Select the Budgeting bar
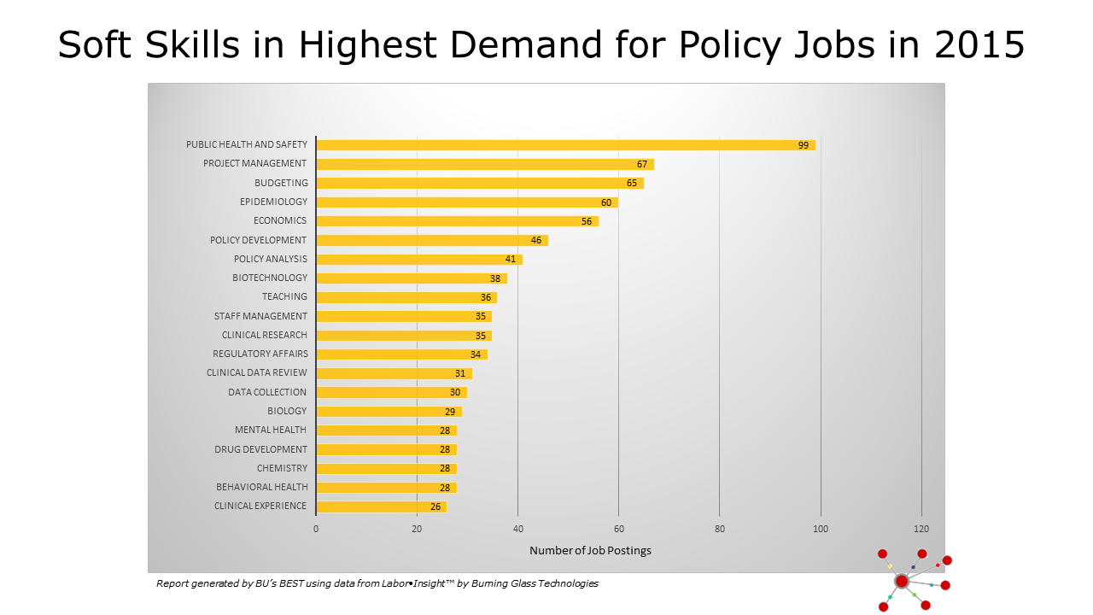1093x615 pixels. tap(479, 183)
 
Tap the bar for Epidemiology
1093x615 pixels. tap(466, 202)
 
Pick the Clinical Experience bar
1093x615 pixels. tap(381, 507)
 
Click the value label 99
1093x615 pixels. tap(804, 145)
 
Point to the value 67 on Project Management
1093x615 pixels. tap(642, 164)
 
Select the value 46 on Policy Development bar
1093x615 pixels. tap(536, 240)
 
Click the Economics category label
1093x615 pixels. tap(280, 221)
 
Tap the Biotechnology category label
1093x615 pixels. tap(270, 278)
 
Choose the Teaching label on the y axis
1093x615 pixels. tap(284, 296)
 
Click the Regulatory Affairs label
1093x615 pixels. tap(260, 354)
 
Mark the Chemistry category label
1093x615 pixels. tap(282, 468)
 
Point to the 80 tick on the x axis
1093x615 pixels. tap(719, 529)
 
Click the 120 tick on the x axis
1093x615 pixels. tap(921, 529)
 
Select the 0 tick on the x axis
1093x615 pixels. tap(316, 529)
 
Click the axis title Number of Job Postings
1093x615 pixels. tap(590, 551)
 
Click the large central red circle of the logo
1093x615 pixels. tap(902, 581)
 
